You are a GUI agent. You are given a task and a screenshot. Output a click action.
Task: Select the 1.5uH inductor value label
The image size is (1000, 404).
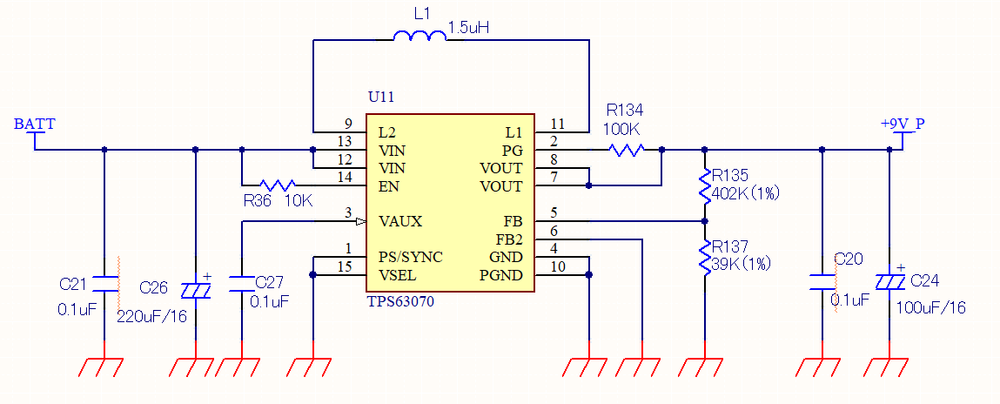point(468,28)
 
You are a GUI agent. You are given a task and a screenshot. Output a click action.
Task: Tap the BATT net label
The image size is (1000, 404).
point(34,124)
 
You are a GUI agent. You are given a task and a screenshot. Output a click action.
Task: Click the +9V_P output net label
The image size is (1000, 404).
point(903,124)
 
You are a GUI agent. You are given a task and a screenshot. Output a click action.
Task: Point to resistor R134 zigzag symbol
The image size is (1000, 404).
point(627,150)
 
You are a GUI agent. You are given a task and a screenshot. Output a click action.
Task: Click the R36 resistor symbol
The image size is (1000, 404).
point(278,185)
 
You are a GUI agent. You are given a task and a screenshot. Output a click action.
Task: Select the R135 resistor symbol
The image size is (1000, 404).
point(704,185)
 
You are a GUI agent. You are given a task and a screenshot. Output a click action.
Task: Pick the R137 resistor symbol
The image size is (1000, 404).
point(704,256)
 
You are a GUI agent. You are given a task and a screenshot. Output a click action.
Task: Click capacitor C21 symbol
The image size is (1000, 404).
point(104,284)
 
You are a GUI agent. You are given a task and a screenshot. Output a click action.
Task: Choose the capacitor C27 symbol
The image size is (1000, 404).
point(241,284)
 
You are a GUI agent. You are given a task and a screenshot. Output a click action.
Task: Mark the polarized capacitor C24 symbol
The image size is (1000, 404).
point(889,281)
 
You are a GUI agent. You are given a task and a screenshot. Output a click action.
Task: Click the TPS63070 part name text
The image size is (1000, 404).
point(400,302)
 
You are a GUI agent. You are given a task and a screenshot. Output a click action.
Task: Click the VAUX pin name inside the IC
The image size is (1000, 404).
point(400,221)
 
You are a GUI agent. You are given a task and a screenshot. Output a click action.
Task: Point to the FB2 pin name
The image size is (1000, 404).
point(509,239)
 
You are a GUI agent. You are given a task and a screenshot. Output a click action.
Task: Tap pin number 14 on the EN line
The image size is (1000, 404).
point(348,178)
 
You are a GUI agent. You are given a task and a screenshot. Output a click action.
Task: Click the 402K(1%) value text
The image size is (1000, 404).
point(745,193)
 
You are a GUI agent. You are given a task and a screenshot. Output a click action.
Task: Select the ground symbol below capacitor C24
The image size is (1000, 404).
point(889,366)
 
